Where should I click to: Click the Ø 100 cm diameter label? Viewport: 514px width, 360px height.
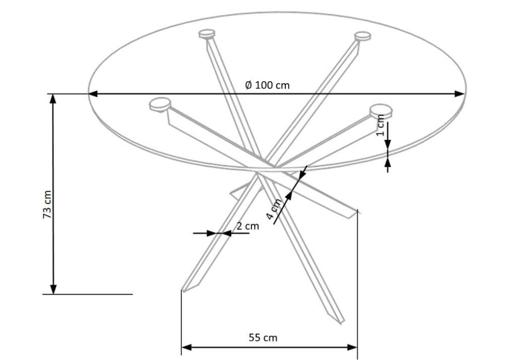[x=267, y=85]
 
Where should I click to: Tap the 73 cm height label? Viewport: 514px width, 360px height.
[x=47, y=205]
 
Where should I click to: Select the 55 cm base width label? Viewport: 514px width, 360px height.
[x=263, y=337]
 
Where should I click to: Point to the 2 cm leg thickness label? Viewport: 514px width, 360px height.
[x=248, y=226]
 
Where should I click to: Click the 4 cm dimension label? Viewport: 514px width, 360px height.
[x=274, y=209]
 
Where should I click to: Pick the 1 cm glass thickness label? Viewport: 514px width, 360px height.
[x=380, y=125]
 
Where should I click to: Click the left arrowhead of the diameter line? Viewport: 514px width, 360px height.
[x=93, y=94]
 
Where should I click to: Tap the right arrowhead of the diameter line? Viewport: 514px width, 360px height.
[x=460, y=94]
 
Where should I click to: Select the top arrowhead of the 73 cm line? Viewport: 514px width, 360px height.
[x=53, y=99]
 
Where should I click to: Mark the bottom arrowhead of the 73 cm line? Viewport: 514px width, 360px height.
[x=53, y=289]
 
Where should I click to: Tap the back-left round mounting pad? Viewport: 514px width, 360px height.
[x=207, y=34]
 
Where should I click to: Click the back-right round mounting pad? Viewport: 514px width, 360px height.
[x=362, y=36]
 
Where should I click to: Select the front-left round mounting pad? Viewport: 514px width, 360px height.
[x=160, y=104]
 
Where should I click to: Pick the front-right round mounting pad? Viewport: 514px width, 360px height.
[x=381, y=111]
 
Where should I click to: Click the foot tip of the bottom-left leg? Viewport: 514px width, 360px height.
[x=183, y=291]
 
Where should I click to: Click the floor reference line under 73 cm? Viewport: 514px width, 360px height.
[x=87, y=294]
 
